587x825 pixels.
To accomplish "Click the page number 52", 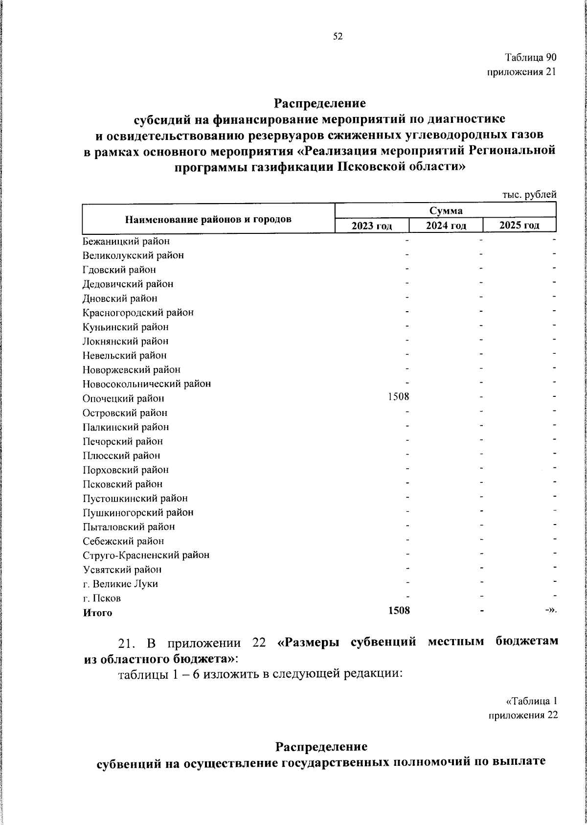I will tap(338, 36).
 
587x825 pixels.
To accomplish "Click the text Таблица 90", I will tap(531, 58).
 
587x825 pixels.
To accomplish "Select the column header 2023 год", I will tap(372, 226).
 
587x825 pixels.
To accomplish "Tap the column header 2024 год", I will tap(446, 226).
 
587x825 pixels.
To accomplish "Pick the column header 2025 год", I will tap(519, 225).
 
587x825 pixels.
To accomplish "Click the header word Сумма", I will tap(446, 211).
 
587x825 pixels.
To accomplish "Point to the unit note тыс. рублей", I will tap(530, 194).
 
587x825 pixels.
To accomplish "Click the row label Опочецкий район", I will tap(123, 399).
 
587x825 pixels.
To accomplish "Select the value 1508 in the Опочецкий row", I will tap(399, 396).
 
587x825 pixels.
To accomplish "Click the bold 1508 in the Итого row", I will tap(399, 610).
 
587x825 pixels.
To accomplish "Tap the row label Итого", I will tap(97, 613).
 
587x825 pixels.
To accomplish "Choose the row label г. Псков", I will tap(102, 598).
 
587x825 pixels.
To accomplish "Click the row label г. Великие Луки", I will tap(120, 584).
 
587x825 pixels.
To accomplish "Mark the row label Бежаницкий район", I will tap(126, 241).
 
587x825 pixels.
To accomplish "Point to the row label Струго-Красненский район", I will tap(146, 555).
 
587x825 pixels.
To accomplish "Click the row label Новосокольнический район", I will tap(147, 384).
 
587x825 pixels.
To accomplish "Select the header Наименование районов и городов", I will tap(208, 219).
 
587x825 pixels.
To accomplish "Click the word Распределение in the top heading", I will tap(319, 104).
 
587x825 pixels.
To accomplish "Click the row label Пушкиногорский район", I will tap(138, 513).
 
